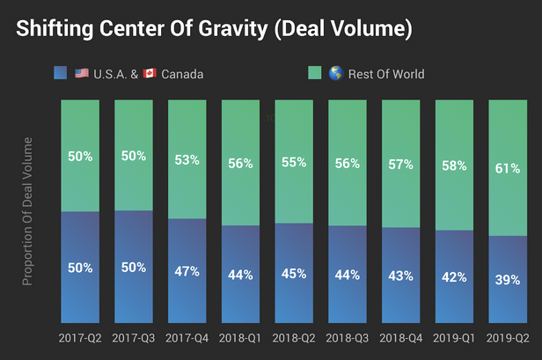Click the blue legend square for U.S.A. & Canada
point(59,73)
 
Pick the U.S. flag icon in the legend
point(81,73)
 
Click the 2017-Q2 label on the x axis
point(80,338)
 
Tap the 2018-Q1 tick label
point(241,338)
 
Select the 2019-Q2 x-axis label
point(508,338)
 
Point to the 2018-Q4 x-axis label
point(401,338)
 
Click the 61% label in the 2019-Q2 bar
point(508,168)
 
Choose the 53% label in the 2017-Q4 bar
point(187,159)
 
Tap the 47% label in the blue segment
point(187,271)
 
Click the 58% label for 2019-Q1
point(455,165)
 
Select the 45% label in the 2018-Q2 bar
point(294,273)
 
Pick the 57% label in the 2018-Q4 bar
point(401,165)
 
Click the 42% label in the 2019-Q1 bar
point(455,276)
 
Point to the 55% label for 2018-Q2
point(294,162)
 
